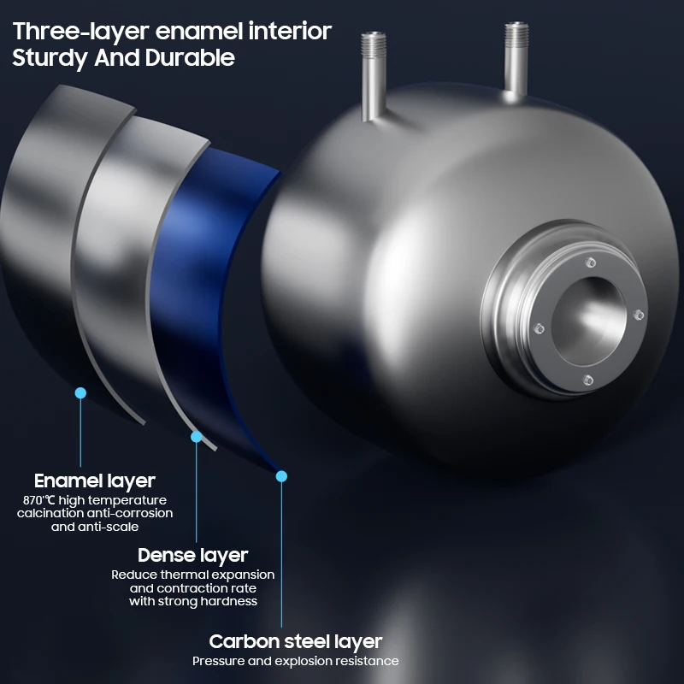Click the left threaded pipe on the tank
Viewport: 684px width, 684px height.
click(x=373, y=72)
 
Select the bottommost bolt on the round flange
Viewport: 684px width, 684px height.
click(x=587, y=379)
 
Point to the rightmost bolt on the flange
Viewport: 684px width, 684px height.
click(x=637, y=315)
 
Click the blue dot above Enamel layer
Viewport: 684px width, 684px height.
click(x=80, y=392)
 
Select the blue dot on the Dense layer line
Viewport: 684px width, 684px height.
click(x=197, y=436)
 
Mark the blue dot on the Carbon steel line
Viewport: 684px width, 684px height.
click(x=282, y=475)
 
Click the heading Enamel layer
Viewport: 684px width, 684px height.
click(x=94, y=481)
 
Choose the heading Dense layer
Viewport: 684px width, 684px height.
click(x=192, y=556)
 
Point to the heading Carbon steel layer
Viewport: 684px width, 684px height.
click(x=295, y=641)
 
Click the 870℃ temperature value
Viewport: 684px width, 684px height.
click(x=38, y=500)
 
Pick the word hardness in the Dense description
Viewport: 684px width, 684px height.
click(x=229, y=601)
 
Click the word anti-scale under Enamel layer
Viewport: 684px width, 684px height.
click(x=109, y=527)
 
